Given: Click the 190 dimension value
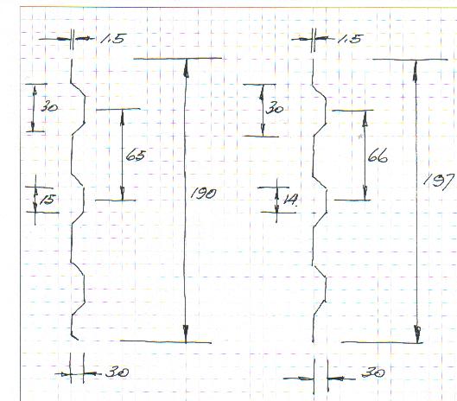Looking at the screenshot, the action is [x=203, y=194].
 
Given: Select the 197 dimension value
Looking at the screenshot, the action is [x=439, y=181].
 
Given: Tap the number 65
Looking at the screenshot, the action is [x=136, y=156].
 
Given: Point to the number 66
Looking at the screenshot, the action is [x=378, y=156].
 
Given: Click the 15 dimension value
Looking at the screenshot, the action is [x=48, y=200].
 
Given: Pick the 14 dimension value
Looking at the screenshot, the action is [x=290, y=199].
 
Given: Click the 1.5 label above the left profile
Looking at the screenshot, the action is [x=113, y=39].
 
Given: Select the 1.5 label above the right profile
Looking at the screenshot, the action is [x=351, y=39].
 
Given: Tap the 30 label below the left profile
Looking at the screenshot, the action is [x=117, y=372].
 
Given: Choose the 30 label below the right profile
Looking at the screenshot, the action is [x=373, y=372].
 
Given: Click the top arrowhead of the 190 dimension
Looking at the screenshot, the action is [x=186, y=68].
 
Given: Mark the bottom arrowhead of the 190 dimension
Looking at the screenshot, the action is [x=186, y=334].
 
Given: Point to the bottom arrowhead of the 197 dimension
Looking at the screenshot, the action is [x=417, y=334].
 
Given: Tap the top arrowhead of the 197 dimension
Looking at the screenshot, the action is [x=415, y=69].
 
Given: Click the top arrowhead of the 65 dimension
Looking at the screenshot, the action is [x=122, y=118].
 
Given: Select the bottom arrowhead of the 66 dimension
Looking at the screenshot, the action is [x=365, y=192].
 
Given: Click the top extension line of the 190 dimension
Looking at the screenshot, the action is [x=177, y=59].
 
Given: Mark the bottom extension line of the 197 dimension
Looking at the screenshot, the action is [x=382, y=342].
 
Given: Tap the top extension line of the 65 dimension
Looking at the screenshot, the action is [x=118, y=110].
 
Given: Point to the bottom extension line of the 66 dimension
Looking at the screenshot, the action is [x=352, y=200].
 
